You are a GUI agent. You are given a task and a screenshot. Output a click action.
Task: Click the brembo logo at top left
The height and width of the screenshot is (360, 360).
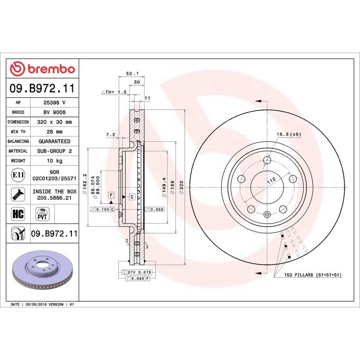[x=42, y=69]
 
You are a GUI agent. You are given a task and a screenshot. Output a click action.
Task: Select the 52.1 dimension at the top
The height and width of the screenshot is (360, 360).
[x=131, y=73]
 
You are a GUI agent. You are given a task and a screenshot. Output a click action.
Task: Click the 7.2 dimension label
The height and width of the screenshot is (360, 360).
[x=111, y=135]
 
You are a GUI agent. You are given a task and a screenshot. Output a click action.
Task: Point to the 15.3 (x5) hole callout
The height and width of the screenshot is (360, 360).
[x=288, y=134]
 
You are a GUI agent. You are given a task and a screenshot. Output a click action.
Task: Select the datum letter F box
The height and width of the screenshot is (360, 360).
[x=111, y=194]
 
